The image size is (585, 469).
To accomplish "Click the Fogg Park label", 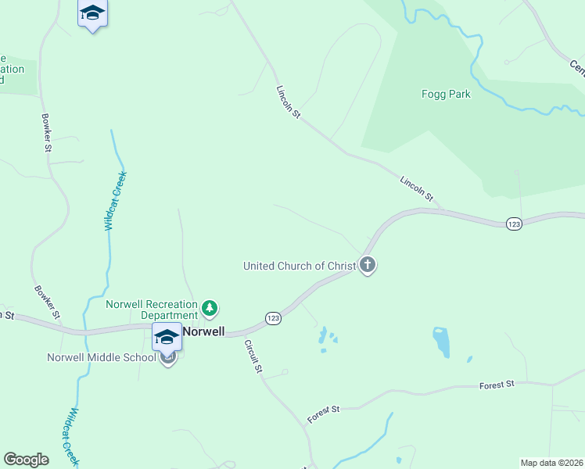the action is tap(445, 94).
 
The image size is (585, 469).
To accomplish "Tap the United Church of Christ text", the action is tap(300, 266).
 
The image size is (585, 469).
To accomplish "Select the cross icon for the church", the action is tap(368, 266).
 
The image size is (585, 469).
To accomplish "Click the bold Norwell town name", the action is tap(203, 331).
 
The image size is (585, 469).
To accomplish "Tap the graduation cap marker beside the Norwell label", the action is tap(167, 336).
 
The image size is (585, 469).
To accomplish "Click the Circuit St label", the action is tap(253, 356).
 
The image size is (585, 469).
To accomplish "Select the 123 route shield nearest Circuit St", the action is tap(273, 318).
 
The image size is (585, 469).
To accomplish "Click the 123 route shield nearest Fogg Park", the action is tap(513, 224).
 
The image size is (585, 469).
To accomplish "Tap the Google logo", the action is tap(26, 460).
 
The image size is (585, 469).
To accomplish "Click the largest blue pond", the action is tap(442, 342).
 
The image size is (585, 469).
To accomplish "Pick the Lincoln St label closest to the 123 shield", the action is tap(416, 189).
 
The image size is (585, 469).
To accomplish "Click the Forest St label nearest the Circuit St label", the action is tap(324, 414).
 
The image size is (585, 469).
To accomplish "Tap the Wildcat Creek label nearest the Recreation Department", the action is tap(116, 200).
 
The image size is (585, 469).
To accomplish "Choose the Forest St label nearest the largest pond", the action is tap(497, 385).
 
